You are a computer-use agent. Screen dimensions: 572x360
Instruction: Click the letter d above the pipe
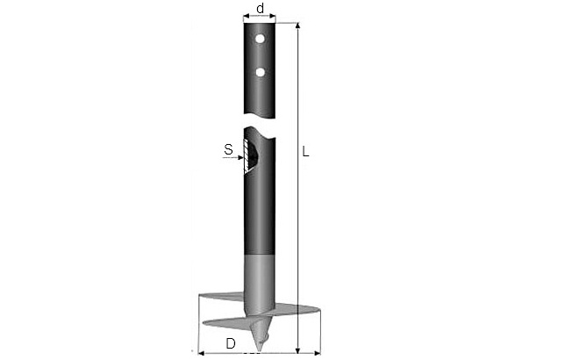click(260, 8)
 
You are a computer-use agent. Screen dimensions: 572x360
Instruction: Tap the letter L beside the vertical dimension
click(305, 152)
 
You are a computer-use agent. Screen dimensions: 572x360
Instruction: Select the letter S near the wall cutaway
click(228, 149)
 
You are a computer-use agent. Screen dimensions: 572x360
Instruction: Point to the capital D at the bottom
click(231, 343)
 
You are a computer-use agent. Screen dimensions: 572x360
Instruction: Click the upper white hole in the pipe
click(260, 39)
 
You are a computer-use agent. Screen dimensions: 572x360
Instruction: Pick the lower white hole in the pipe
click(260, 72)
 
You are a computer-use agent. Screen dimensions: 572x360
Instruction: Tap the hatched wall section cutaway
click(248, 156)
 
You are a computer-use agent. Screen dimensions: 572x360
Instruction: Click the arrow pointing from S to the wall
click(232, 158)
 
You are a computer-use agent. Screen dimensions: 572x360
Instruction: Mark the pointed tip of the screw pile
click(259, 352)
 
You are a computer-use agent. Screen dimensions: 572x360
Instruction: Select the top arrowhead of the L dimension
click(298, 25)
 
